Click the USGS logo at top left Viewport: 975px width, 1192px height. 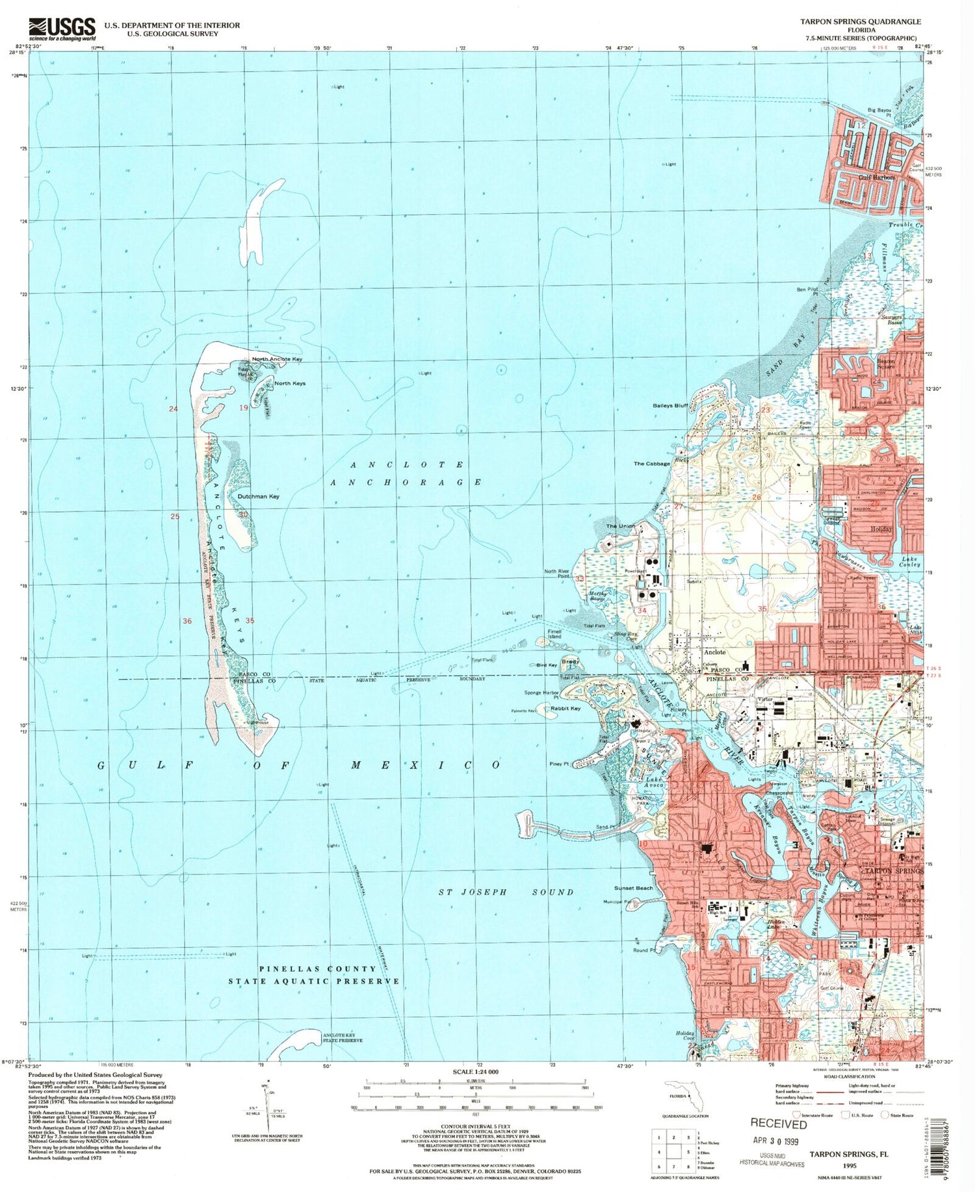click(62, 29)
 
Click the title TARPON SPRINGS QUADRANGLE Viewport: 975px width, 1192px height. click(860, 21)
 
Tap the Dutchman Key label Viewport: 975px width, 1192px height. click(258, 496)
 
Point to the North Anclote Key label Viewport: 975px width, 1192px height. click(277, 359)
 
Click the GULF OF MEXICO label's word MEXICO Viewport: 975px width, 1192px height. click(425, 765)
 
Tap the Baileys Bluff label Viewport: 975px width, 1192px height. click(670, 405)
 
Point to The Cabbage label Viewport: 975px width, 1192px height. click(652, 464)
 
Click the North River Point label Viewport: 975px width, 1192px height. click(556, 574)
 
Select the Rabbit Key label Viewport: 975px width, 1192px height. click(565, 708)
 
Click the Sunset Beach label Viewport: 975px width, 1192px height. click(634, 888)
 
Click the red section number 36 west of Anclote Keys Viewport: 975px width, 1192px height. click(187, 621)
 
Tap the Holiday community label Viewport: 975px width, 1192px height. click(881, 529)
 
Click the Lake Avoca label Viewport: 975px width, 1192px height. click(655, 782)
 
